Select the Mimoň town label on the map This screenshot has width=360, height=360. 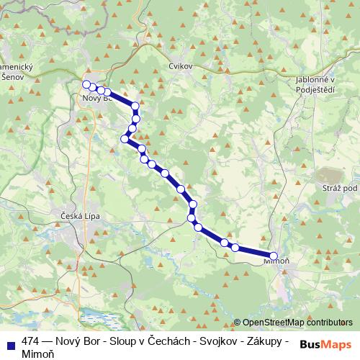276,264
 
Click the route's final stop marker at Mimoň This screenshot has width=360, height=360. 274,256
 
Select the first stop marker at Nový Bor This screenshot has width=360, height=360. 86,85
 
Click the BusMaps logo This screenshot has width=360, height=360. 326,344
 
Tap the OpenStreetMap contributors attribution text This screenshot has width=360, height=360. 297,323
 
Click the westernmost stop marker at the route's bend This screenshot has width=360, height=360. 125,139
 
